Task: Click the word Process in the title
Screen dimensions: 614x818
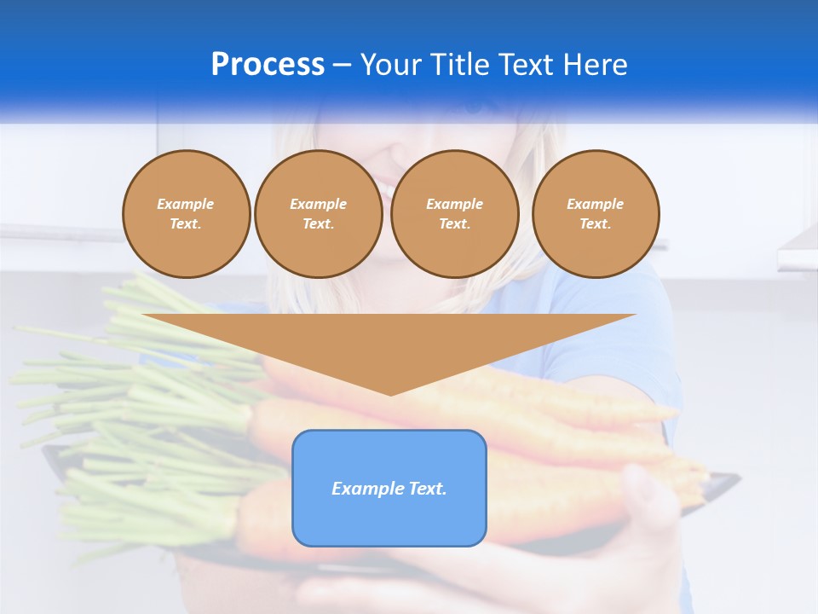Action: coord(268,65)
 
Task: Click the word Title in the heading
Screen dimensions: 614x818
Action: coord(464,65)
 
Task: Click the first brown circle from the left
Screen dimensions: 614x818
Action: coord(187,214)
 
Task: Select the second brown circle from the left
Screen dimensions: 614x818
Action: coord(319,214)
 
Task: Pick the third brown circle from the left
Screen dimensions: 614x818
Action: coord(454,214)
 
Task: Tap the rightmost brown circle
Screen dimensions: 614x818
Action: coord(596,214)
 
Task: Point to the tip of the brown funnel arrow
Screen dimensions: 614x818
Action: coord(390,393)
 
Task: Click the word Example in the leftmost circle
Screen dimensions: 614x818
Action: coord(186,204)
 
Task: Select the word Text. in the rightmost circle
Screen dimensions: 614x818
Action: coord(596,224)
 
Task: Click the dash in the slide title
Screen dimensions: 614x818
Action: coord(342,65)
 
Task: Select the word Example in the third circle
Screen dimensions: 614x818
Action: coord(454,204)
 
